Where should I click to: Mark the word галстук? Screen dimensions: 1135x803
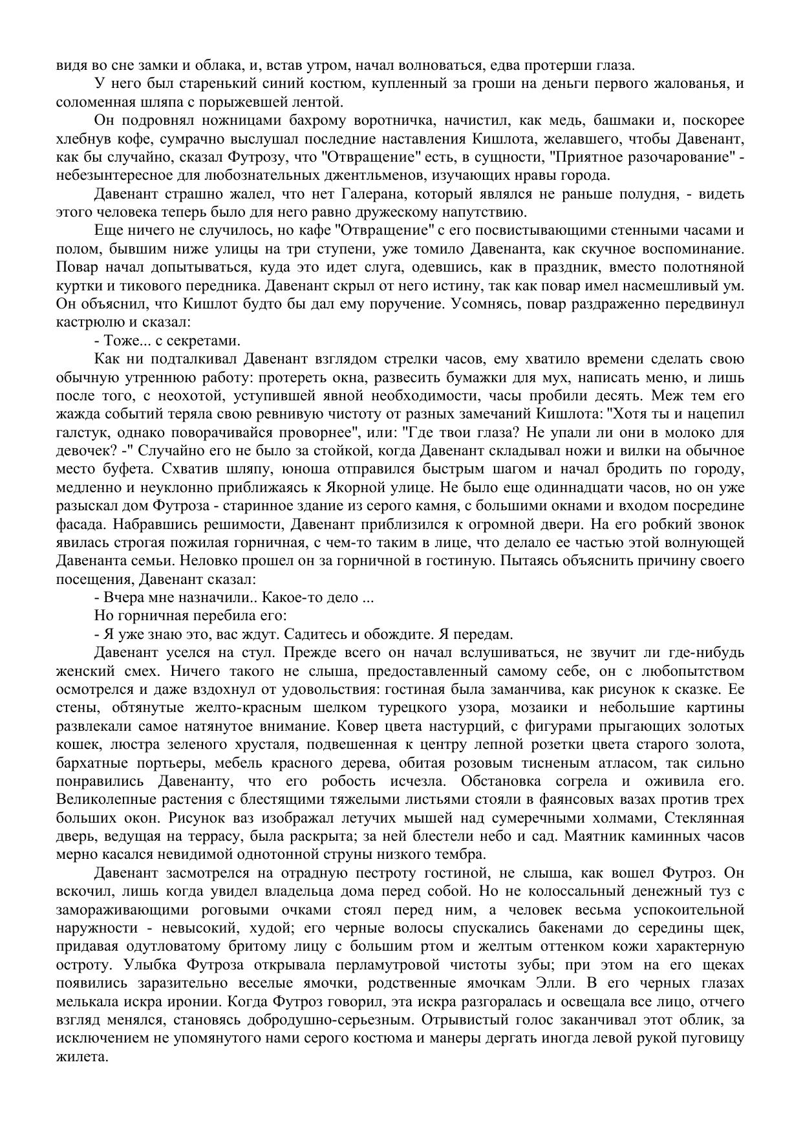tap(78, 433)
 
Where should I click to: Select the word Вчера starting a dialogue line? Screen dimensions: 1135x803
tap(121, 598)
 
